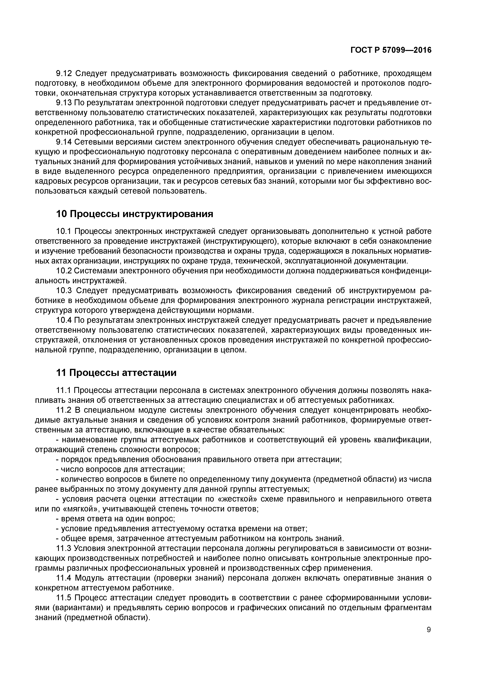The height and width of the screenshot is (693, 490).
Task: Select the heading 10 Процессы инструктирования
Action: click(x=135, y=214)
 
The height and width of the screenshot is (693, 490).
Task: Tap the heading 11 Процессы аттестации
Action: click(x=116, y=373)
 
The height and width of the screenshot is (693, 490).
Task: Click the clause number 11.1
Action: click(x=64, y=390)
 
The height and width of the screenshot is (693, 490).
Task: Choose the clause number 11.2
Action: click(x=64, y=410)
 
